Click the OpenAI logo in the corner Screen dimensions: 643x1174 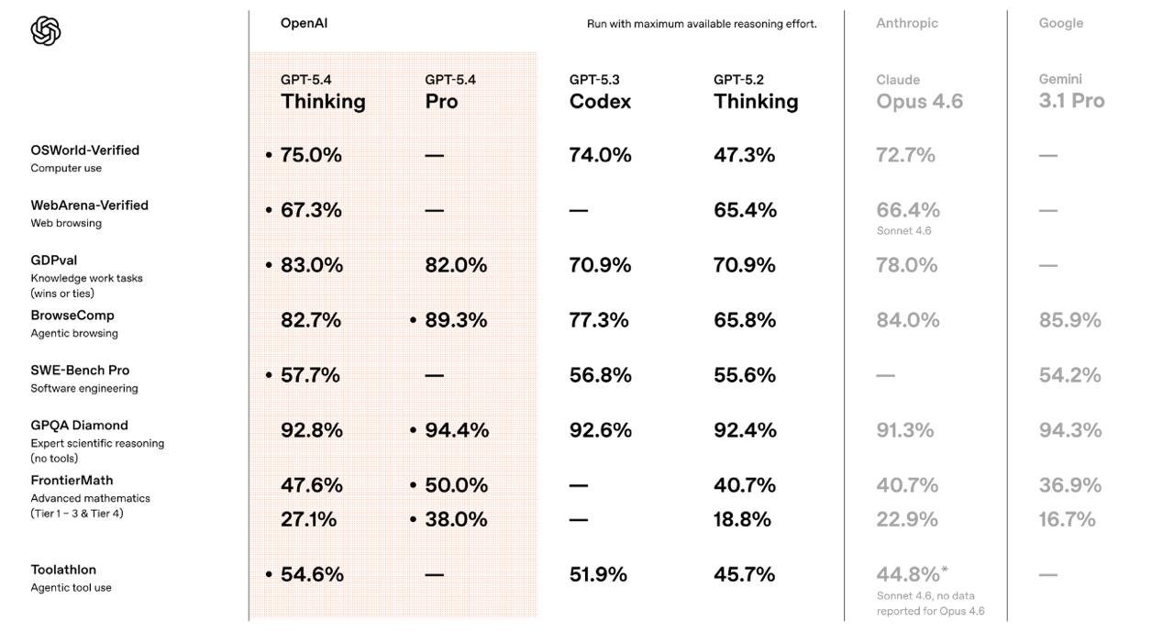[x=46, y=31]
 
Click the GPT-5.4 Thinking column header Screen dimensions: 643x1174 [x=323, y=92]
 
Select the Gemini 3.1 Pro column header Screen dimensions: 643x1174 [x=1071, y=92]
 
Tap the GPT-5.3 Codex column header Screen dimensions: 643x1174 [x=600, y=92]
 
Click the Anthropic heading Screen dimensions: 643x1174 [x=906, y=23]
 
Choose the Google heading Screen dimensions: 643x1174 [x=1060, y=23]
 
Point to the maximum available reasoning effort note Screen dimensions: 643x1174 [x=702, y=24]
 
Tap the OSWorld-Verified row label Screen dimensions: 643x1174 [x=84, y=150]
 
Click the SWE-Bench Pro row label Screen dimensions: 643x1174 [x=80, y=371]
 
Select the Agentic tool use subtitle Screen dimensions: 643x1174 [x=71, y=588]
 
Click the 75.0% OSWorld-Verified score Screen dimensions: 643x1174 [x=311, y=155]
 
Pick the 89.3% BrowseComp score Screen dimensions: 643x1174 [x=456, y=320]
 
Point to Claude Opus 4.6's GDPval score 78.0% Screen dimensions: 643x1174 [x=907, y=265]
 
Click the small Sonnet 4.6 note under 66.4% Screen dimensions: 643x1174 [x=903, y=231]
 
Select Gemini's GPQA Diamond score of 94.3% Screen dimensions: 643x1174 [x=1069, y=430]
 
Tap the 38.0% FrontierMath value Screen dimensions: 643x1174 [x=456, y=519]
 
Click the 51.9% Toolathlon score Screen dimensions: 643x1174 [x=598, y=574]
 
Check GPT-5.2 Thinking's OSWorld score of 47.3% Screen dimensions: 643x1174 [x=744, y=155]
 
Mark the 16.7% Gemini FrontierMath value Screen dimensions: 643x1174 [x=1067, y=519]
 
